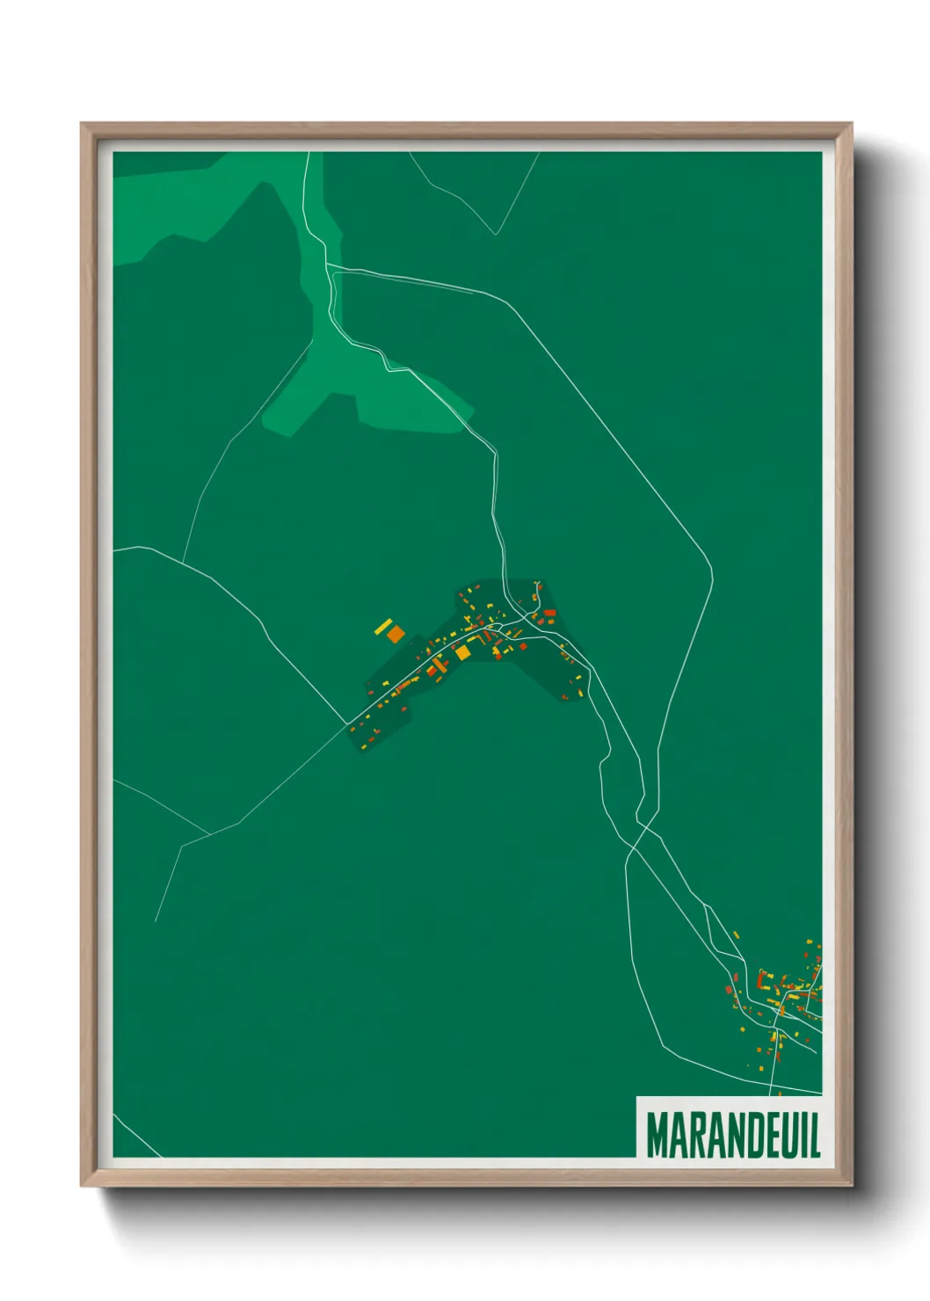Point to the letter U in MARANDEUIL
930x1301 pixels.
786,1136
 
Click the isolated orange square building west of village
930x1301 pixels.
396,633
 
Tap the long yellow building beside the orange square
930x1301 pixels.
383,626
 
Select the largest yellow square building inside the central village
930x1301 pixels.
461,652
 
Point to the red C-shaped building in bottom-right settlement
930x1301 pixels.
762,979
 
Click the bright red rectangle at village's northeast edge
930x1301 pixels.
549,613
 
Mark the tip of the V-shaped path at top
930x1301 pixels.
496,234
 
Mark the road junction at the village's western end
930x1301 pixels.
349,724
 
